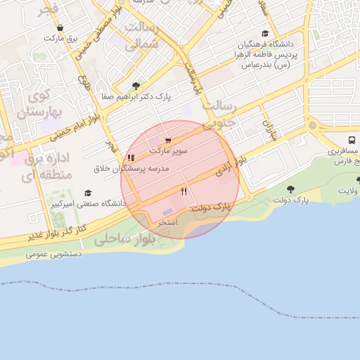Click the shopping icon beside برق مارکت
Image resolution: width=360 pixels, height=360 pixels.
[x=60, y=28]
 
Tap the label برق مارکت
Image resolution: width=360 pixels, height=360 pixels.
[x=64, y=38]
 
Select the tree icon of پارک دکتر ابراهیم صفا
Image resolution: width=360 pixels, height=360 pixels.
[x=136, y=86]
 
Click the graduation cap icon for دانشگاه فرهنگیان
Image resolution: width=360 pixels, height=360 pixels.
[x=265, y=33]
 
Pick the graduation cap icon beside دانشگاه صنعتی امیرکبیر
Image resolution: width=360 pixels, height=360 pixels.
[x=88, y=193]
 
